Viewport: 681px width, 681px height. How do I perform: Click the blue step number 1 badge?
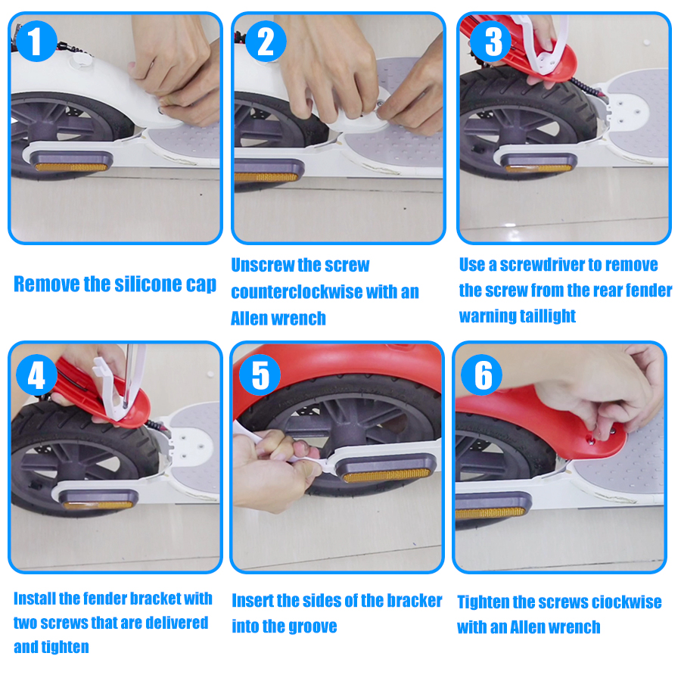[x=36, y=41]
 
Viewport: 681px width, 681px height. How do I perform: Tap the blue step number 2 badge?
[x=266, y=41]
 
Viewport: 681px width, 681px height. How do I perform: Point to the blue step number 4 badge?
[x=36, y=375]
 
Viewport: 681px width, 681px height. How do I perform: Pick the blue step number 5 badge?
[x=260, y=375]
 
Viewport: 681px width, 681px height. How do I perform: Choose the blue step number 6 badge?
[x=482, y=375]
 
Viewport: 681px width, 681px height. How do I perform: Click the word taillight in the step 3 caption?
[x=547, y=316]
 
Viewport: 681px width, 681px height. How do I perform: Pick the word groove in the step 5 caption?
[x=312, y=627]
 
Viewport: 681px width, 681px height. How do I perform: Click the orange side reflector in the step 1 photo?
[x=71, y=166]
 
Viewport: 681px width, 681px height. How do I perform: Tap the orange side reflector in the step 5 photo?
[x=387, y=475]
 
